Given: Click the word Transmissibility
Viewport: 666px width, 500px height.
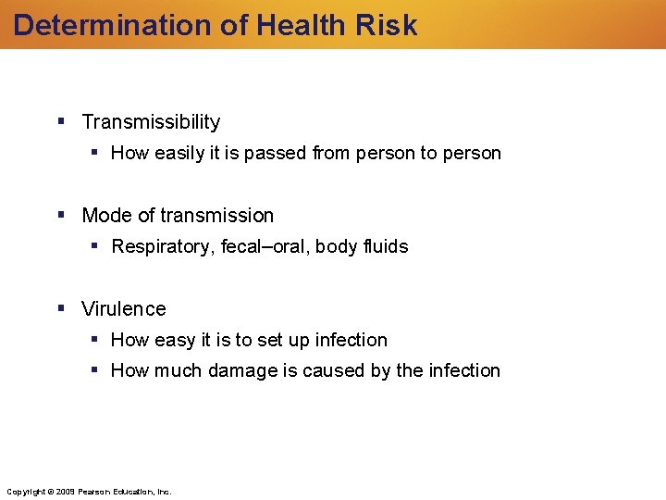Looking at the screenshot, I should pyautogui.click(x=151, y=122).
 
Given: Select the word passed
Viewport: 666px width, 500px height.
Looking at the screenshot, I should pyautogui.click(x=278, y=154).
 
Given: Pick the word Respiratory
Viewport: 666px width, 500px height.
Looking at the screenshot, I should pyautogui.click(x=162, y=247).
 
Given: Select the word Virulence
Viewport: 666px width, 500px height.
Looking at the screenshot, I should pyautogui.click(x=124, y=309).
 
